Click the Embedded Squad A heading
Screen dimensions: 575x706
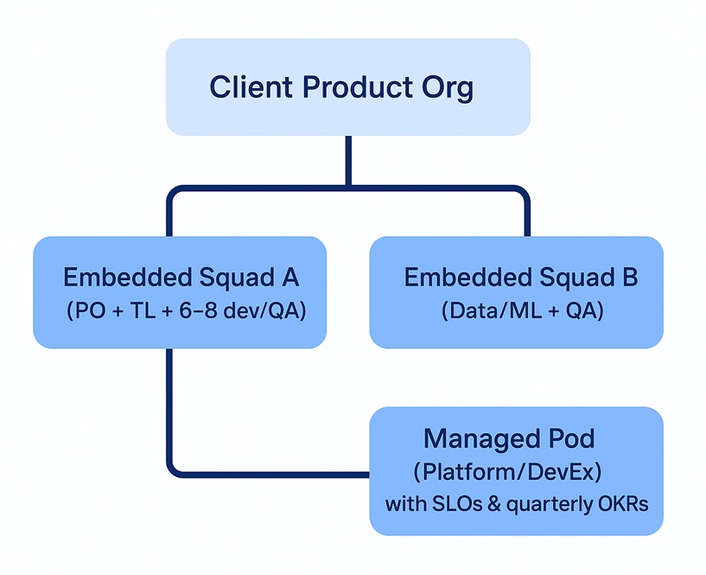[181, 278]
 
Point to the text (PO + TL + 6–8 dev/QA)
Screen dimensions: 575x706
[186, 311]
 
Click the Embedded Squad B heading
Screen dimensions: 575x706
[521, 278]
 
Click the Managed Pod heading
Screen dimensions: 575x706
[509, 438]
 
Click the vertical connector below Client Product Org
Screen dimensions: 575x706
[347, 160]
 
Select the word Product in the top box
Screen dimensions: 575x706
[349, 88]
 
